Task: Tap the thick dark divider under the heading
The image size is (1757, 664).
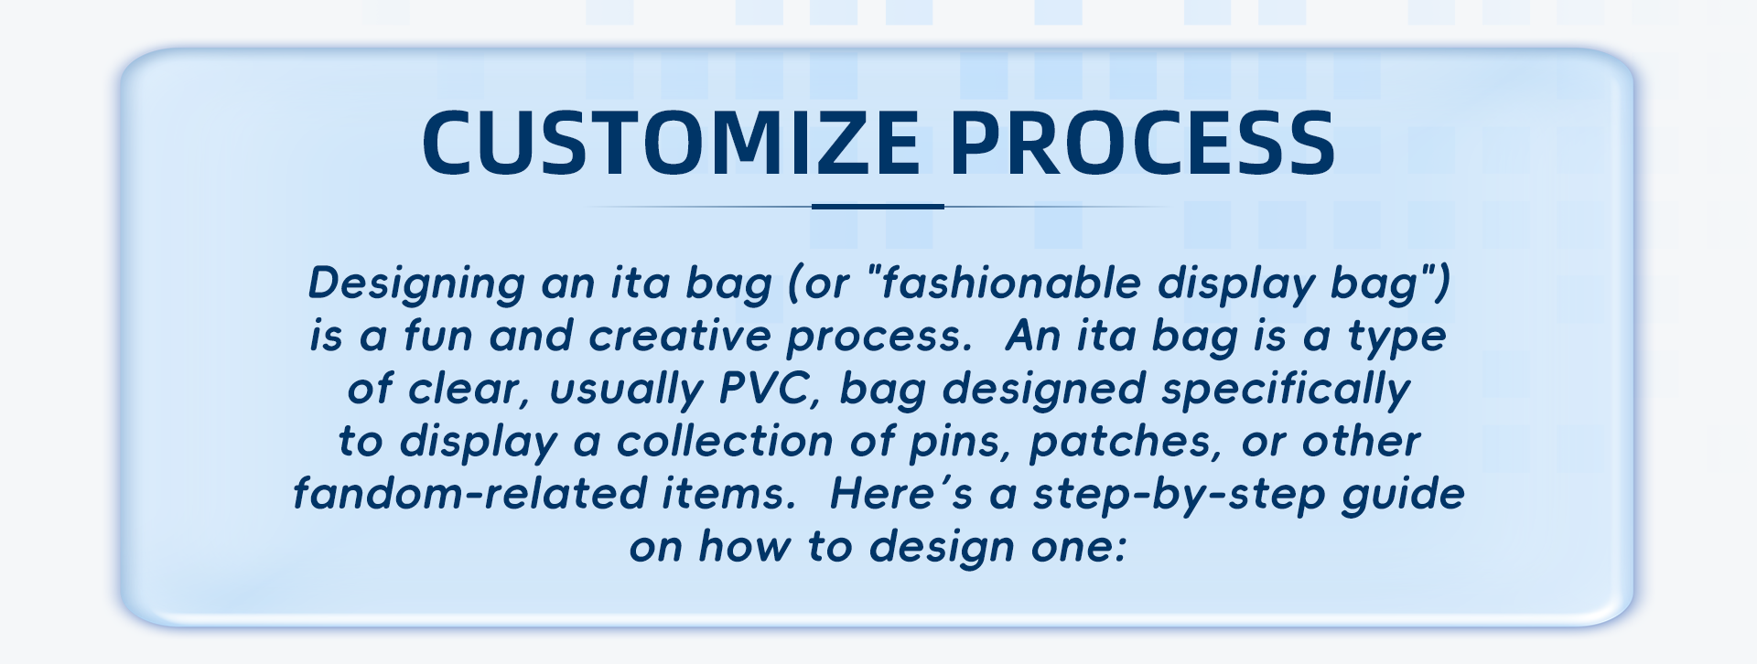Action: click(878, 207)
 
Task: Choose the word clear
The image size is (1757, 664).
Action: click(471, 389)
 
